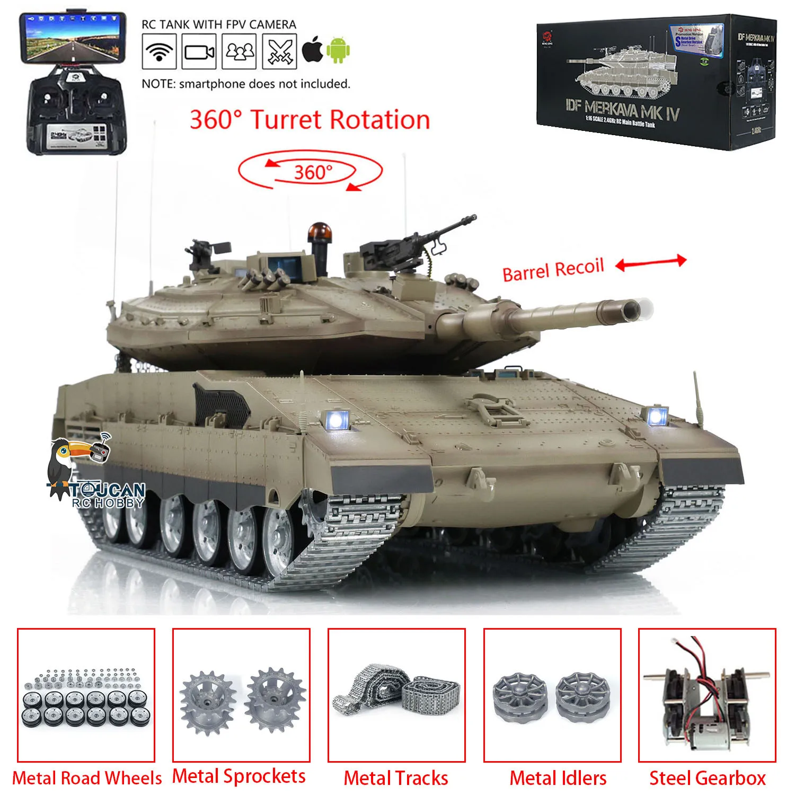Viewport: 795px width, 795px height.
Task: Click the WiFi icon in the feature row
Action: point(159,51)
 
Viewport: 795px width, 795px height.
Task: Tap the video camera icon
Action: point(199,51)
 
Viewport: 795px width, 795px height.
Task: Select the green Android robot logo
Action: point(338,50)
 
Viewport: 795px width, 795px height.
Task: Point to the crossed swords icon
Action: point(279,51)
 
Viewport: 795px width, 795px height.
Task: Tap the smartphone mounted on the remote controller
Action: point(73,37)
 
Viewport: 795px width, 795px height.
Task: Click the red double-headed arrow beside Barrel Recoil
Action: point(651,262)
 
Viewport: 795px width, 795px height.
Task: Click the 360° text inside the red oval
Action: point(313,172)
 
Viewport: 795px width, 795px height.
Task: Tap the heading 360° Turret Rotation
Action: point(310,120)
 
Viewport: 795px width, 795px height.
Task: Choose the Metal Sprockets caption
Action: point(239,776)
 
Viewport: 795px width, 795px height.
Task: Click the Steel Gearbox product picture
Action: point(707,695)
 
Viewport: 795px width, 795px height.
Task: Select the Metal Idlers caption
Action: point(558,778)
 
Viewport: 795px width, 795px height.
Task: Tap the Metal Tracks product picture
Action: point(396,695)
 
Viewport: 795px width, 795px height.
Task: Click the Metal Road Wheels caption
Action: point(87,778)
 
